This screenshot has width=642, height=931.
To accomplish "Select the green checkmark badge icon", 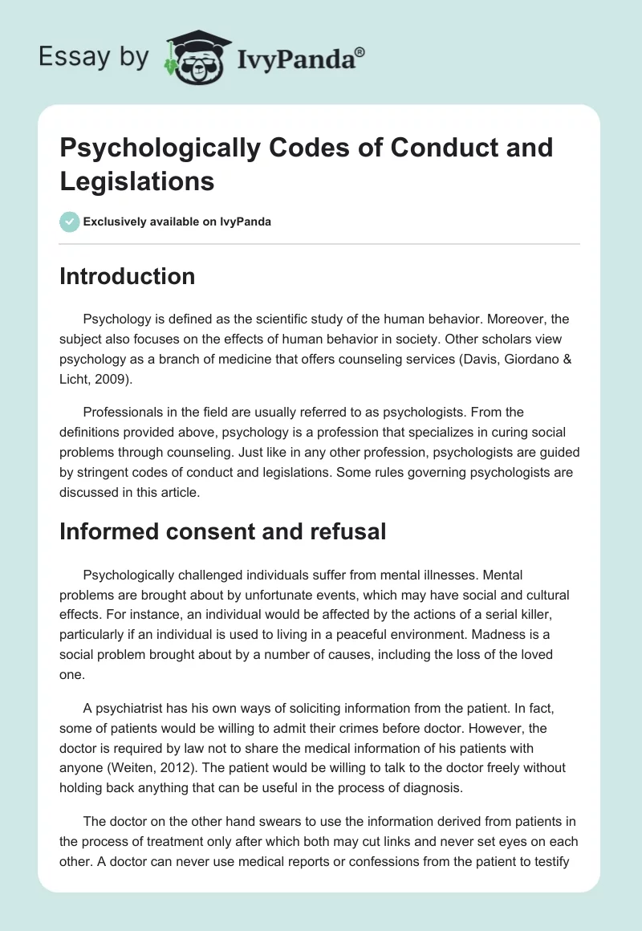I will click(70, 222).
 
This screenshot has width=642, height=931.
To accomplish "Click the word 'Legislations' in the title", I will click(136, 181).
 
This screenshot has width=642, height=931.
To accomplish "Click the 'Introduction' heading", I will click(128, 276).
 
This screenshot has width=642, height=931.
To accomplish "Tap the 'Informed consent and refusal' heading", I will click(223, 531).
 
